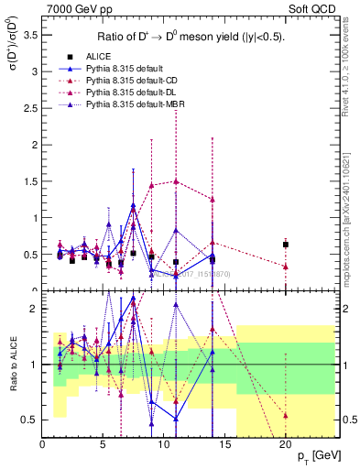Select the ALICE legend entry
100,57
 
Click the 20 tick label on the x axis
286,444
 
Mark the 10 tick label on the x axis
164,444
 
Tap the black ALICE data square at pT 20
286,245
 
